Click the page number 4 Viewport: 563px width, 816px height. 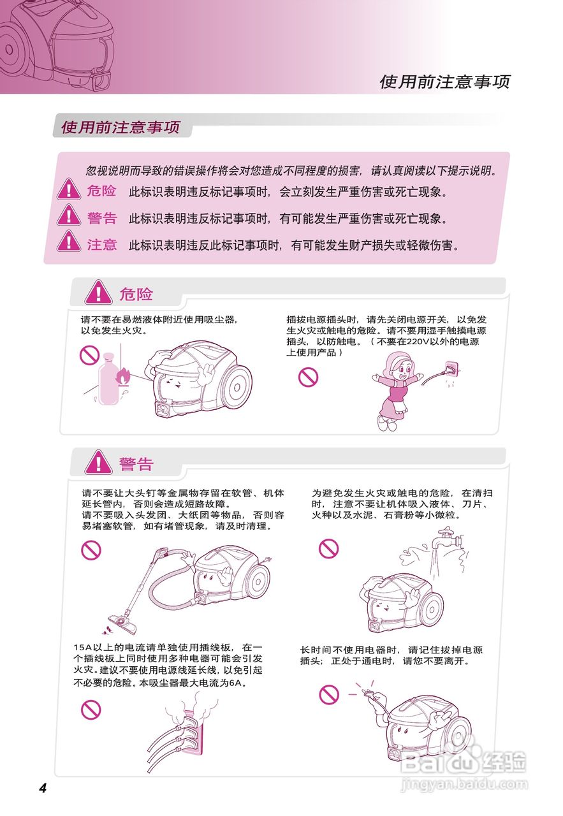pyautogui.click(x=43, y=788)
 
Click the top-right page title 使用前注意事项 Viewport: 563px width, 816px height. pyautogui.click(x=444, y=82)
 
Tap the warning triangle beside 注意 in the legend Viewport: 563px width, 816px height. pyautogui.click(x=69, y=242)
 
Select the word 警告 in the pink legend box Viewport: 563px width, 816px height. pyautogui.click(x=102, y=218)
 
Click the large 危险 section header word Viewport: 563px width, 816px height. pyautogui.click(x=136, y=294)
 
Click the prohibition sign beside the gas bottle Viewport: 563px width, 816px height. pyautogui.click(x=89, y=356)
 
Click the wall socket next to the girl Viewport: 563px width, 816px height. pyautogui.click(x=451, y=369)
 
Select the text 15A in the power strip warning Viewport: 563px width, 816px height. pyautogui.click(x=83, y=649)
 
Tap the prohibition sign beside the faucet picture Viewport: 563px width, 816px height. pyautogui.click(x=328, y=548)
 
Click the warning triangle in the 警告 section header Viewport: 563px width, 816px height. pyautogui.click(x=98, y=462)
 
